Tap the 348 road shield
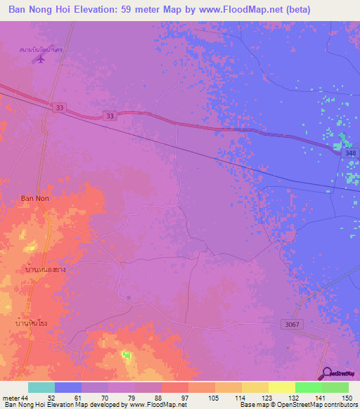coord(350,152)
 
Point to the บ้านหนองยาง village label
coord(46,269)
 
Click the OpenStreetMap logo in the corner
coord(338,373)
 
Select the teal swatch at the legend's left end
coord(41,387)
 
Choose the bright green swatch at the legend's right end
coord(335,387)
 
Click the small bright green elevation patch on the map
coord(127,356)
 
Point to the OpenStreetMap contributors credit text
coord(312,405)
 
